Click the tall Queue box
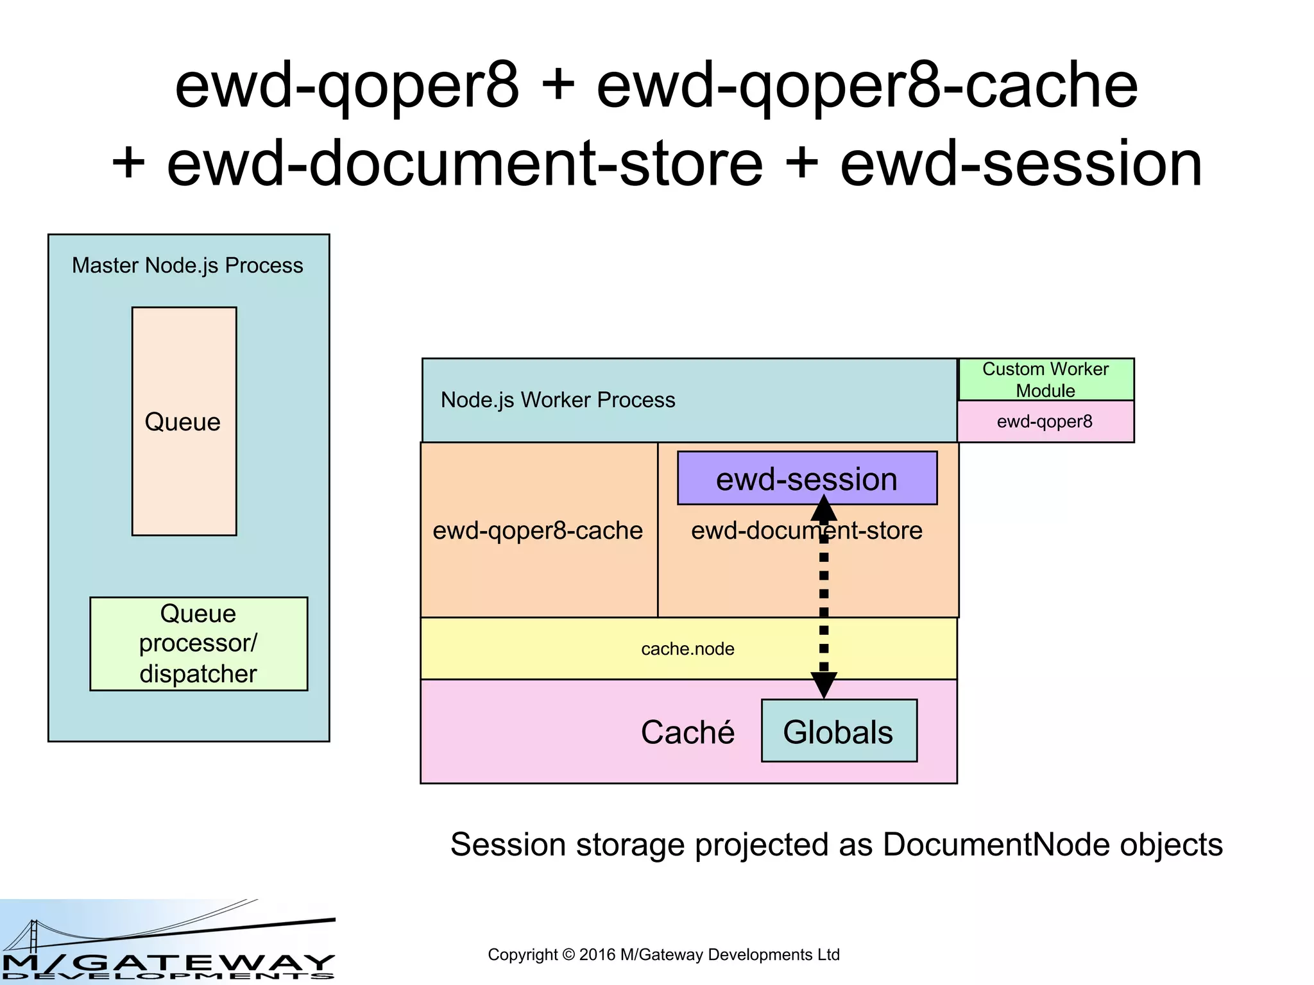click(184, 421)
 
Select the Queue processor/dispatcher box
click(198, 643)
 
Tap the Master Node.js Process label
click(187, 265)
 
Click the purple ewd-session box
click(806, 478)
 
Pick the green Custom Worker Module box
click(1045, 380)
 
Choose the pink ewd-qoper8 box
click(1045, 421)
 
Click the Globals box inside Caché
click(838, 731)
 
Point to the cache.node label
click(687, 649)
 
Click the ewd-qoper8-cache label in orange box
click(538, 530)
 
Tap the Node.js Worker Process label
click(558, 400)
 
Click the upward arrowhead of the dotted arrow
click(824, 509)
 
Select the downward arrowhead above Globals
click(824, 685)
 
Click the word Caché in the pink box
click(687, 732)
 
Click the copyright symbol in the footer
click(568, 955)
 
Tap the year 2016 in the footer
click(597, 955)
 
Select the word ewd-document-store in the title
click(465, 164)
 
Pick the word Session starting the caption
click(502, 845)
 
